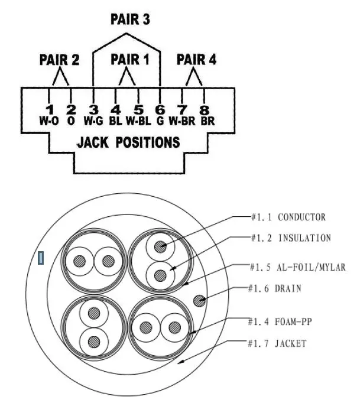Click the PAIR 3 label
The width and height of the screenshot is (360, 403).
(x=130, y=19)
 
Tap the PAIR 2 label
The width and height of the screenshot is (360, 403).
(x=59, y=60)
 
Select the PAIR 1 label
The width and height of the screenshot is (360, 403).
(x=130, y=60)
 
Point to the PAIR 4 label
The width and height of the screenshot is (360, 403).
(x=196, y=60)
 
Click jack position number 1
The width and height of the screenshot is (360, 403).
(x=50, y=110)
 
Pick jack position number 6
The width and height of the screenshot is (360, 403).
(x=160, y=110)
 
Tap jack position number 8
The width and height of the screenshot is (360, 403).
(x=204, y=110)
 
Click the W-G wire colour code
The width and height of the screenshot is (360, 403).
(x=93, y=121)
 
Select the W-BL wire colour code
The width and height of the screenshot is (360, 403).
(x=138, y=121)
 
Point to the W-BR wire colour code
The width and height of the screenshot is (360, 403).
(x=182, y=121)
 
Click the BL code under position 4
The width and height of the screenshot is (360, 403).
(x=115, y=121)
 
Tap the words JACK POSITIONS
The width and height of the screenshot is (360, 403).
(x=129, y=142)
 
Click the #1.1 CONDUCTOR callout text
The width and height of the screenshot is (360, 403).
(x=288, y=217)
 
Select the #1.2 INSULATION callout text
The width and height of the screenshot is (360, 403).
(x=291, y=238)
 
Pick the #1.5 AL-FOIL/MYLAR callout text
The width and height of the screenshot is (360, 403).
(x=298, y=267)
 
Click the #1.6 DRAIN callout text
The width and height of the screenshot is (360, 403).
(x=275, y=288)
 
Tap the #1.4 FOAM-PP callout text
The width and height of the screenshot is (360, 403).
(x=280, y=321)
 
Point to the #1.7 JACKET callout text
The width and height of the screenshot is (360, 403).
(x=277, y=343)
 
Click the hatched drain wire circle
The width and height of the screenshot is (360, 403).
(x=200, y=300)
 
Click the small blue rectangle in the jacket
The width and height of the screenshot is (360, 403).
(x=41, y=258)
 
